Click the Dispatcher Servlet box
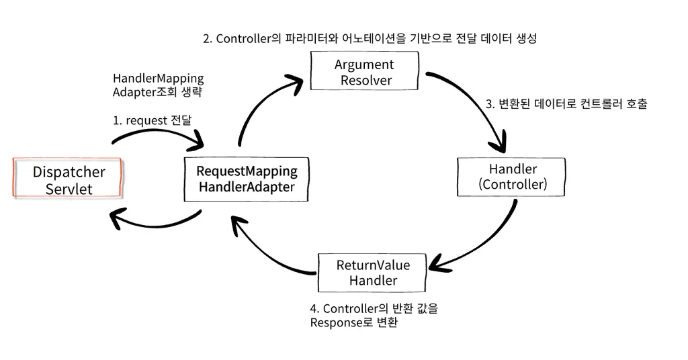pyautogui.click(x=68, y=179)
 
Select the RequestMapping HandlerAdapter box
pyautogui.click(x=247, y=179)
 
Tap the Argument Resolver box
pyautogui.click(x=365, y=73)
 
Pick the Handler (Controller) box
pyautogui.click(x=513, y=176)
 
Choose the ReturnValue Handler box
pyautogui.click(x=373, y=272)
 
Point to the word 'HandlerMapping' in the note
pyautogui.click(x=158, y=79)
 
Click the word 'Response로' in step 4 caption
pyautogui.click(x=342, y=322)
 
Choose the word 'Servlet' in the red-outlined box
pyautogui.click(x=69, y=189)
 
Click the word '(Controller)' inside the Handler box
pyautogui.click(x=513, y=184)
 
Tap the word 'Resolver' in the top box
pyautogui.click(x=365, y=81)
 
